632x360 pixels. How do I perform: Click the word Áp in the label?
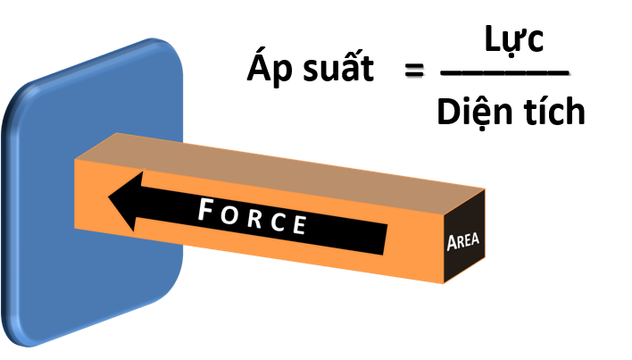[x=265, y=69]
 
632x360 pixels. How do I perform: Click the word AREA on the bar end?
[x=463, y=242]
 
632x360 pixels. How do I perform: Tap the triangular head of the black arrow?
[x=126, y=199]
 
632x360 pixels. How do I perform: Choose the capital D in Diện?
[x=447, y=112]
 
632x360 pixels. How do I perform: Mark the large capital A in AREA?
[x=451, y=242]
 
